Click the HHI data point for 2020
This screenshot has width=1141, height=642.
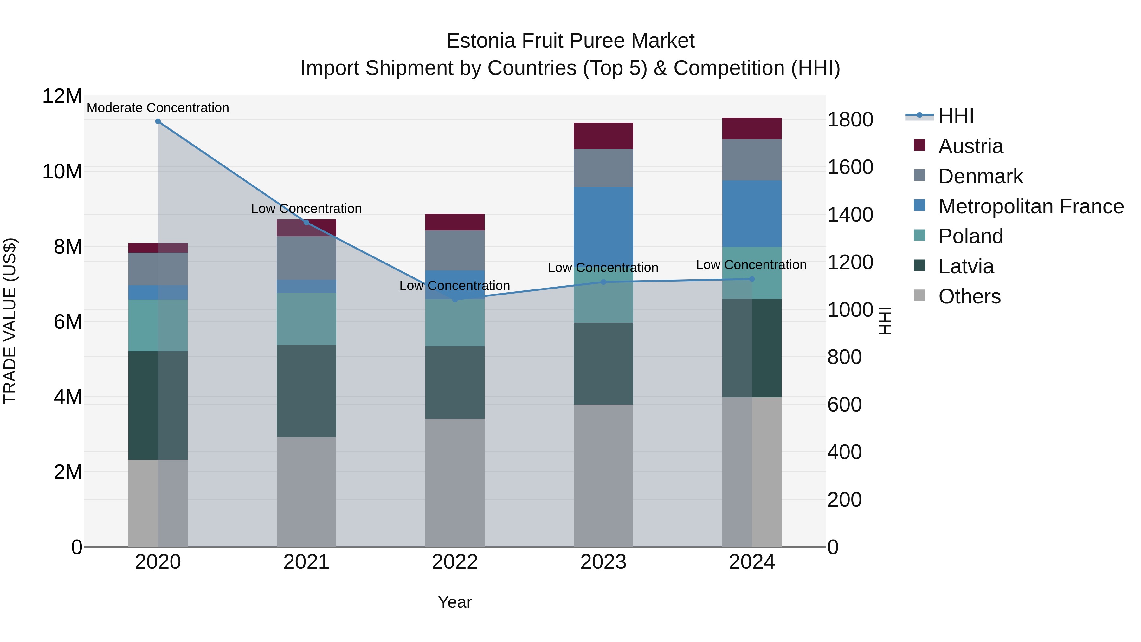[x=158, y=121]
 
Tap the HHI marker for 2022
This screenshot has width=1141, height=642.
[x=455, y=300]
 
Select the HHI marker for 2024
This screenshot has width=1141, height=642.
[x=752, y=279]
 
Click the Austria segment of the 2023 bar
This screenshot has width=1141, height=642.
[x=603, y=136]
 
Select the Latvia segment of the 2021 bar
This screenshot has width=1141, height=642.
[x=306, y=391]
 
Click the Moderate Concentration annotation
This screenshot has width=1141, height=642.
[x=158, y=108]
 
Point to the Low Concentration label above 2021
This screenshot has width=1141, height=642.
[x=306, y=208]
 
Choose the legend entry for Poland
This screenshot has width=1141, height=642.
[x=970, y=236]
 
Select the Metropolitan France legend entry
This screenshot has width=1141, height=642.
[x=1030, y=206]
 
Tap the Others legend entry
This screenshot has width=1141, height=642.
[x=969, y=296]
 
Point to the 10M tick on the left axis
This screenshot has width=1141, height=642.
[x=62, y=172]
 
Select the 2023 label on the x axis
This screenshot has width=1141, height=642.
[x=603, y=562]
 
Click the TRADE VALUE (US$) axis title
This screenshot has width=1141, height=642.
[x=10, y=321]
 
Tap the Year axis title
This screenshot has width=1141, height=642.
[x=455, y=602]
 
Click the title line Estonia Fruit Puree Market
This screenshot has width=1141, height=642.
[x=570, y=41]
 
